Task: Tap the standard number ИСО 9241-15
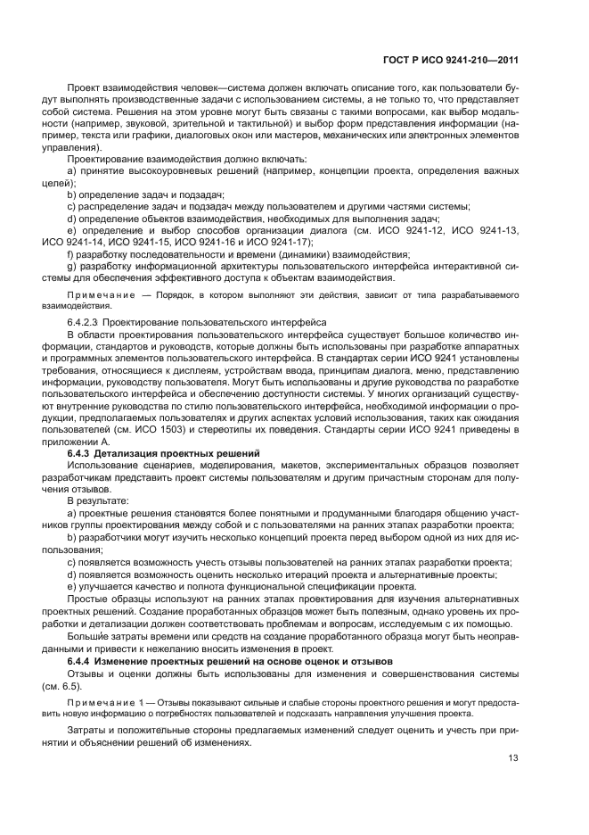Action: tap(138, 242)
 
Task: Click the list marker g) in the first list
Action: tap(72, 266)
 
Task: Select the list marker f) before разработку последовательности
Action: tap(71, 254)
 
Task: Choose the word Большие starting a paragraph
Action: tap(87, 635)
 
